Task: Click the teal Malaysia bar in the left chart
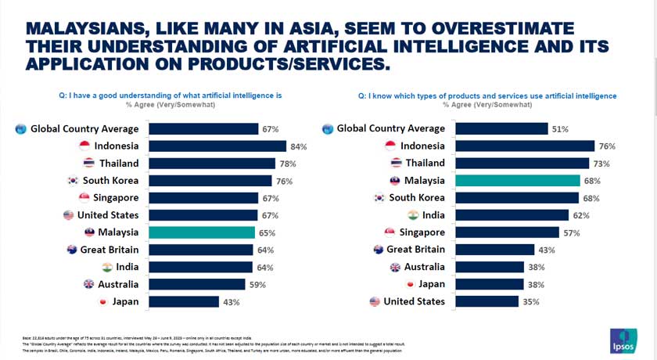[202, 232]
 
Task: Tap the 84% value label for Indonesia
[299, 146]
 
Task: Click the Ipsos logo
[624, 339]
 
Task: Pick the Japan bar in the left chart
[184, 301]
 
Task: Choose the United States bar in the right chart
[487, 301]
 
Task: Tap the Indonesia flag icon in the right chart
[391, 146]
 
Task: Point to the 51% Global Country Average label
[560, 129]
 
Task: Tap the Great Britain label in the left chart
[110, 250]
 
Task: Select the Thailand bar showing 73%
[522, 164]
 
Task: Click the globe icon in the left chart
[21, 129]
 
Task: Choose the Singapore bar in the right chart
[508, 232]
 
